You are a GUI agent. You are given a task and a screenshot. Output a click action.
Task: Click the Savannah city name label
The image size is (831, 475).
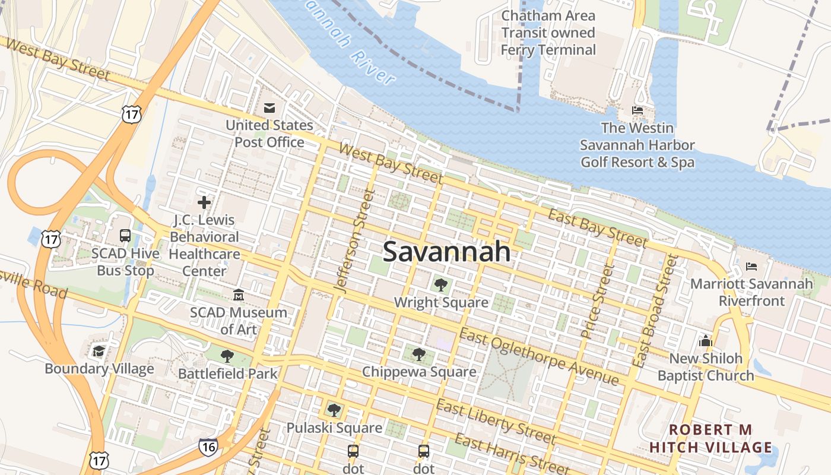click(446, 252)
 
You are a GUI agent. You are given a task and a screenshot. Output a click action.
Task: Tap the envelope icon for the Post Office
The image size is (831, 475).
click(269, 108)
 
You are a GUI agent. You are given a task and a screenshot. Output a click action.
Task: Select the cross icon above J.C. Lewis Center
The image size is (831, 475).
click(204, 202)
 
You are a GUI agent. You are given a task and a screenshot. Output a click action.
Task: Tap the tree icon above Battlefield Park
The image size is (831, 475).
click(227, 356)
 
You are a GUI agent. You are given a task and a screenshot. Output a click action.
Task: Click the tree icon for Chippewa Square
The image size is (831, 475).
click(419, 355)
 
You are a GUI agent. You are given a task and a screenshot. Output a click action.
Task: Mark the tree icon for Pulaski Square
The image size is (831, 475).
click(334, 410)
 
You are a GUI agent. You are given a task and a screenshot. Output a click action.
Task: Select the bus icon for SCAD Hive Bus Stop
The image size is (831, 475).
click(125, 236)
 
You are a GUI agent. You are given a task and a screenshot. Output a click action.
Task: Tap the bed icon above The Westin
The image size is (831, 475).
click(637, 110)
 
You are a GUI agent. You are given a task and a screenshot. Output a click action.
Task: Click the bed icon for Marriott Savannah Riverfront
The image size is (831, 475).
click(751, 267)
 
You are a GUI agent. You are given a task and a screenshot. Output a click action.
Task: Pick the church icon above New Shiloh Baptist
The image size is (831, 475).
click(706, 341)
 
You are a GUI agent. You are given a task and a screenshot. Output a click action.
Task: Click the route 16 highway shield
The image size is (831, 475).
click(208, 447)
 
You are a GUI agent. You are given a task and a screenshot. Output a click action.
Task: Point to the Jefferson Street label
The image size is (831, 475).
click(354, 240)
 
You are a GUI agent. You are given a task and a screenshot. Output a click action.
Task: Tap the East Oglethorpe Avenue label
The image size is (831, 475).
click(539, 358)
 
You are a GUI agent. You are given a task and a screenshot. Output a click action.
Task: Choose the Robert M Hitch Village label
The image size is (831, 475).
click(711, 438)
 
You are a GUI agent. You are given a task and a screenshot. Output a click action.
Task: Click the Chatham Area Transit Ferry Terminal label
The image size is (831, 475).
click(548, 33)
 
